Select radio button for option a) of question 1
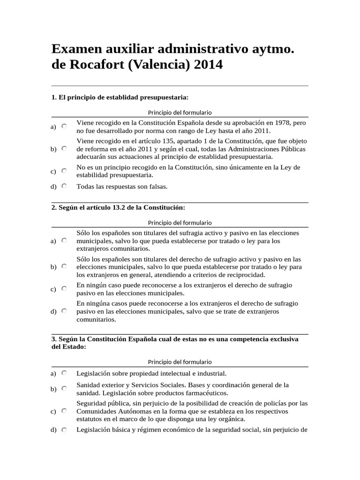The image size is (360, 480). pyautogui.click(x=64, y=126)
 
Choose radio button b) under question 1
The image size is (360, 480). pyautogui.click(x=64, y=149)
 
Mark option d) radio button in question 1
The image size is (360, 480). pyautogui.click(x=64, y=186)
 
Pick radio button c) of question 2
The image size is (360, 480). pyautogui.click(x=64, y=289)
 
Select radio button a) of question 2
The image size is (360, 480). pyautogui.click(x=64, y=240)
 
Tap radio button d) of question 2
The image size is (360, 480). pyautogui.click(x=64, y=311)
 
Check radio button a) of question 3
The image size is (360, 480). pyautogui.click(x=64, y=373)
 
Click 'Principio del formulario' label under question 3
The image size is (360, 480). pyautogui.click(x=180, y=362)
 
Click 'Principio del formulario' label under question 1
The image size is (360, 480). pyautogui.click(x=180, y=112)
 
